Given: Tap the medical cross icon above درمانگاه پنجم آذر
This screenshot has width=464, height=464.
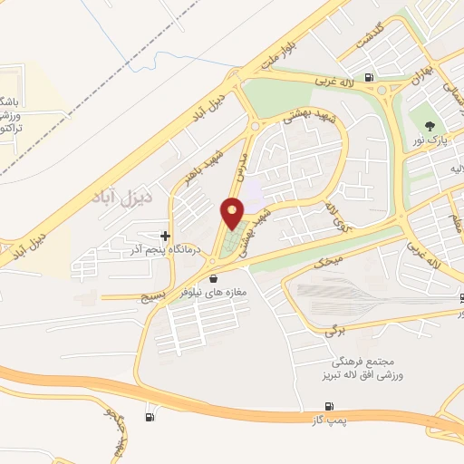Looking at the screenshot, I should (164, 236).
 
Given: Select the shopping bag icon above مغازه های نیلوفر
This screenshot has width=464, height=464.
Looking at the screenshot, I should (213, 278).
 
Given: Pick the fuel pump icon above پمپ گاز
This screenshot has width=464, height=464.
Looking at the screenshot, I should (327, 406).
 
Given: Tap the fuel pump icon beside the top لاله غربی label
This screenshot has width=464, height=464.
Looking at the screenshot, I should (367, 77).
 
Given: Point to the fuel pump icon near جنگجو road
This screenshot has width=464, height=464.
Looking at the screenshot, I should (150, 417).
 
